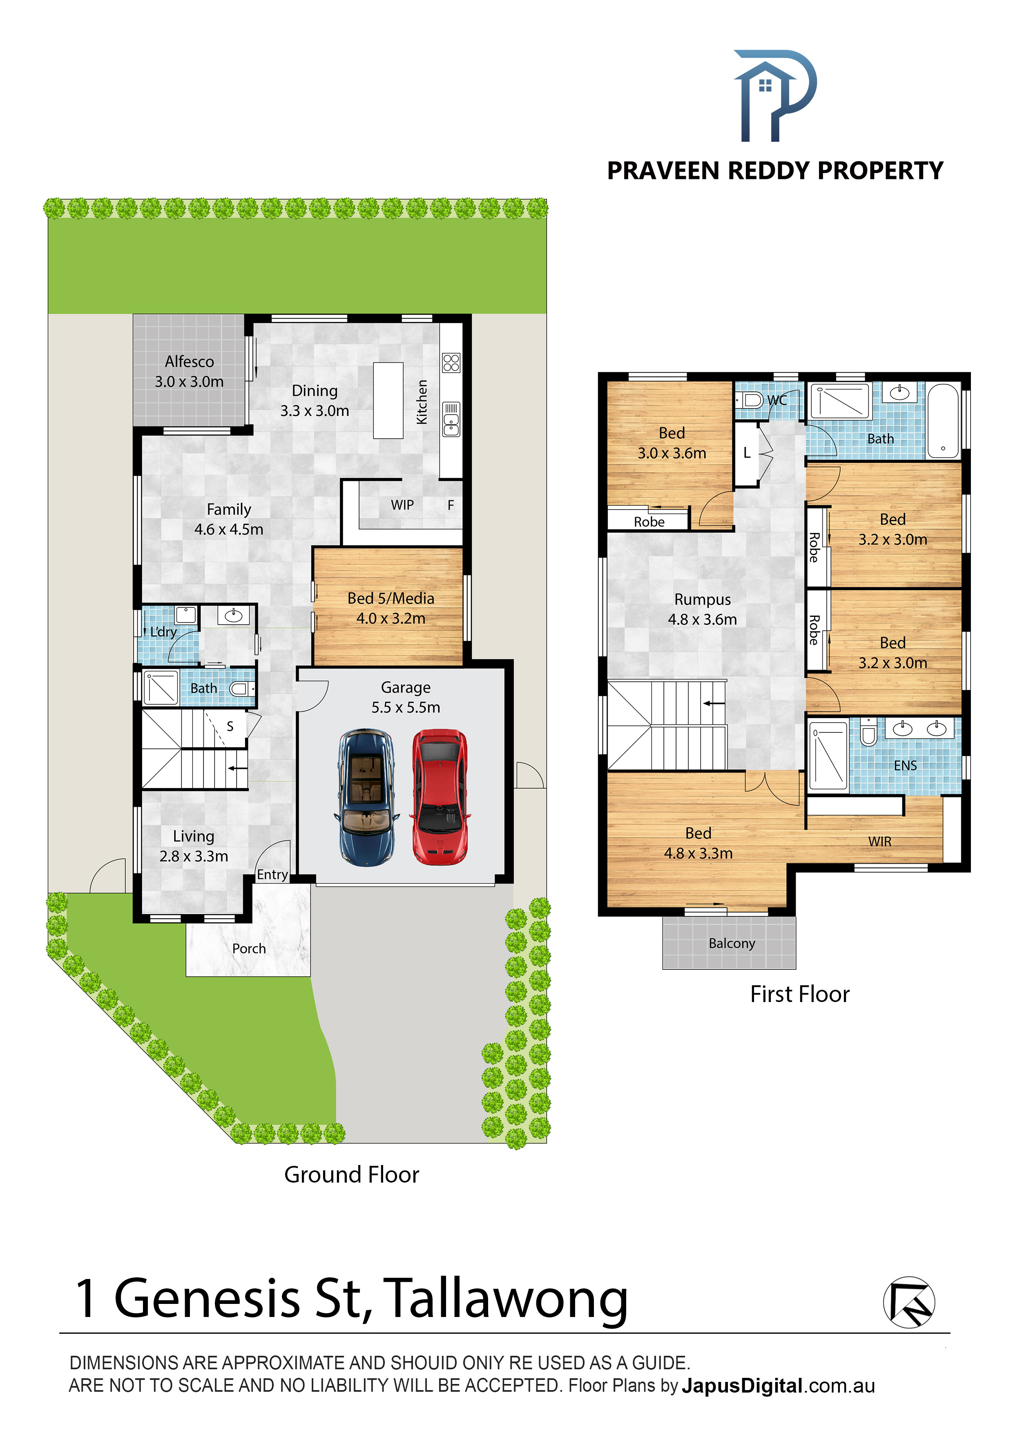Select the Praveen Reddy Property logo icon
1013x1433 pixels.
[774, 96]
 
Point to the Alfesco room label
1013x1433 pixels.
[189, 362]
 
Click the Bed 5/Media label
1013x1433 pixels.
[391, 598]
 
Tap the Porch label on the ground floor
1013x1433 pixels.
[249, 949]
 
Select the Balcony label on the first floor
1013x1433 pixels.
[732, 943]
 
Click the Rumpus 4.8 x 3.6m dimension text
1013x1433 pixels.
[702, 619]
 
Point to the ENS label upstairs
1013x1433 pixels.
[905, 766]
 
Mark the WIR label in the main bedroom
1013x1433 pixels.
[879, 841]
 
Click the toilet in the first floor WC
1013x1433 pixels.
[750, 400]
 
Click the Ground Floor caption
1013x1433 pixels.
[351, 1174]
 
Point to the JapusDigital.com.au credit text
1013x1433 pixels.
[778, 1386]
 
